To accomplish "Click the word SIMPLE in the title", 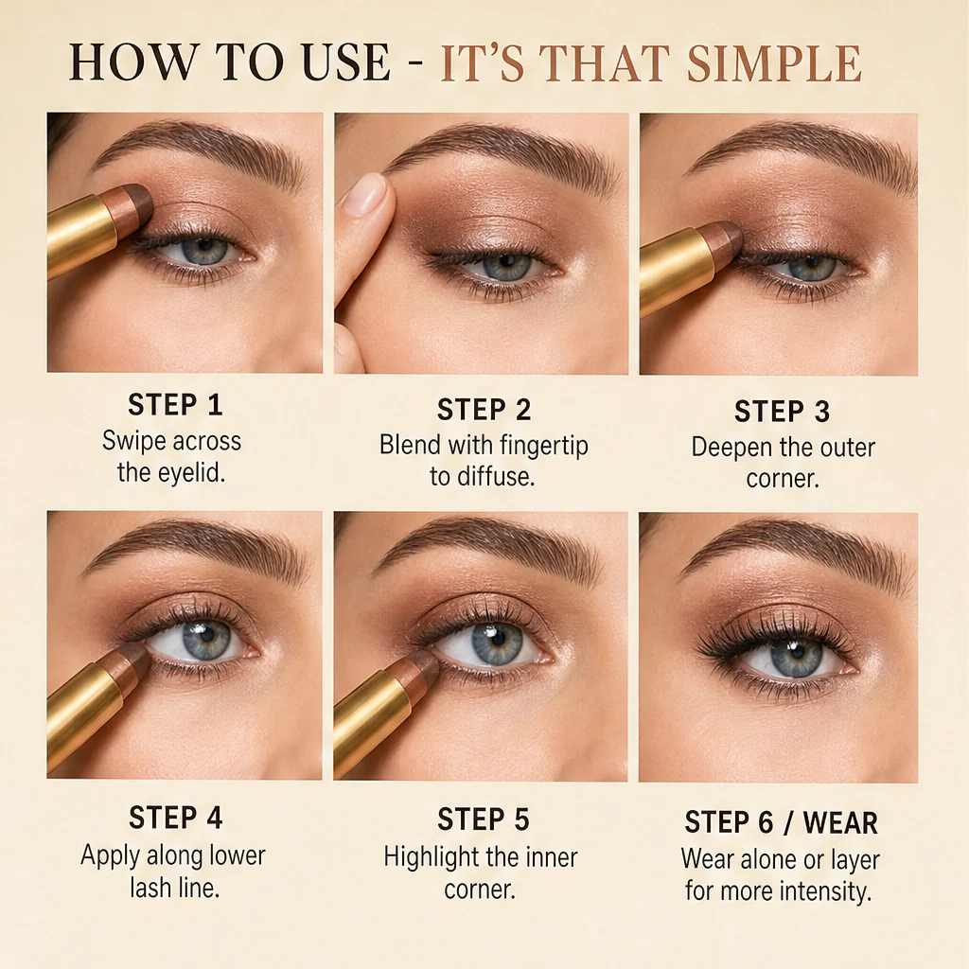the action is (774, 62).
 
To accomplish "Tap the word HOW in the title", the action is (131, 62).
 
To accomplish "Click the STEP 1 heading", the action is (175, 405).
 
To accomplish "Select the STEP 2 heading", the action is (484, 410).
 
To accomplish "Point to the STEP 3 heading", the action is (782, 412).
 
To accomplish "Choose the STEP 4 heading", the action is (175, 818).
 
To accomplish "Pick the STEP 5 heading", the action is (484, 819).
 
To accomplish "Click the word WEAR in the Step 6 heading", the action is (840, 822).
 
